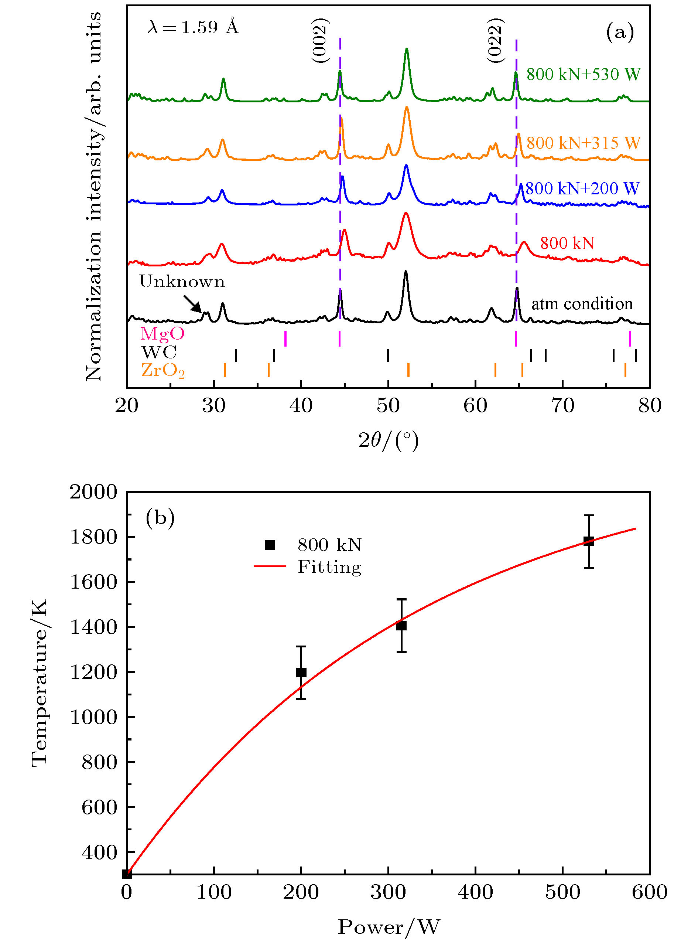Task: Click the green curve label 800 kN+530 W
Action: (x=583, y=74)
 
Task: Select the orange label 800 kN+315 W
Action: (x=583, y=143)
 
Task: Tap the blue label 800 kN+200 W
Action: (x=582, y=188)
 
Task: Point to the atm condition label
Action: (x=582, y=303)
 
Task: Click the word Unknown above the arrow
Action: (x=182, y=282)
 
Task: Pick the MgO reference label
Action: (x=162, y=334)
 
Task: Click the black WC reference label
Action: (x=159, y=352)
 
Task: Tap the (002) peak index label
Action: (x=320, y=41)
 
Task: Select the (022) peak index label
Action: (x=495, y=41)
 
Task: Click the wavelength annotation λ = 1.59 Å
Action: (x=193, y=27)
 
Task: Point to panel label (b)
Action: (x=160, y=518)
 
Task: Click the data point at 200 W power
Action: (x=301, y=672)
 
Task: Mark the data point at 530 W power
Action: (x=589, y=541)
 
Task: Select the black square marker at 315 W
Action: (x=401, y=626)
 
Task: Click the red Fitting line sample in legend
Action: (x=270, y=566)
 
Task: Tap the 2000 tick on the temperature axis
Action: (x=93, y=492)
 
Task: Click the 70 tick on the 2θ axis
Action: (x=563, y=406)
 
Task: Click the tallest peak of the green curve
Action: (x=407, y=50)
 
